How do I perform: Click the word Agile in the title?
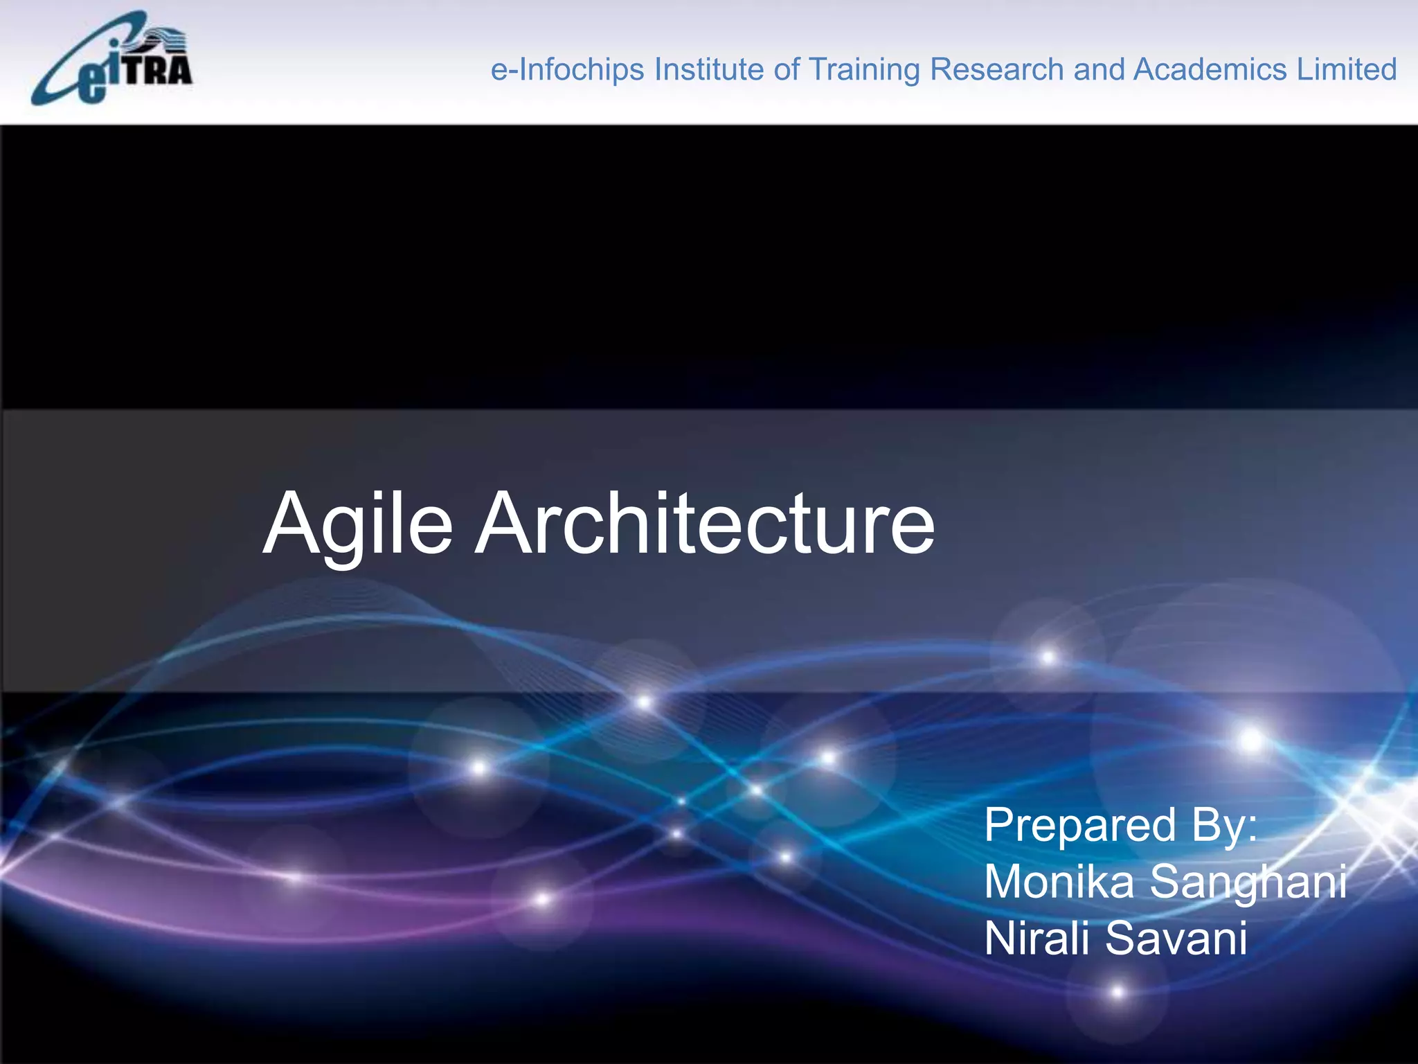pos(358,525)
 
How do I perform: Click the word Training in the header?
pos(864,70)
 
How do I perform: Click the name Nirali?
pos(1038,939)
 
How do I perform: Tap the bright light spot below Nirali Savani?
pos(1118,992)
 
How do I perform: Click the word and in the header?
pos(1099,70)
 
